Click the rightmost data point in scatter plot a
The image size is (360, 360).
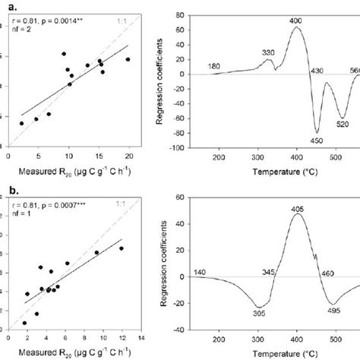click(128, 59)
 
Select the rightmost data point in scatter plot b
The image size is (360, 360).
click(121, 248)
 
